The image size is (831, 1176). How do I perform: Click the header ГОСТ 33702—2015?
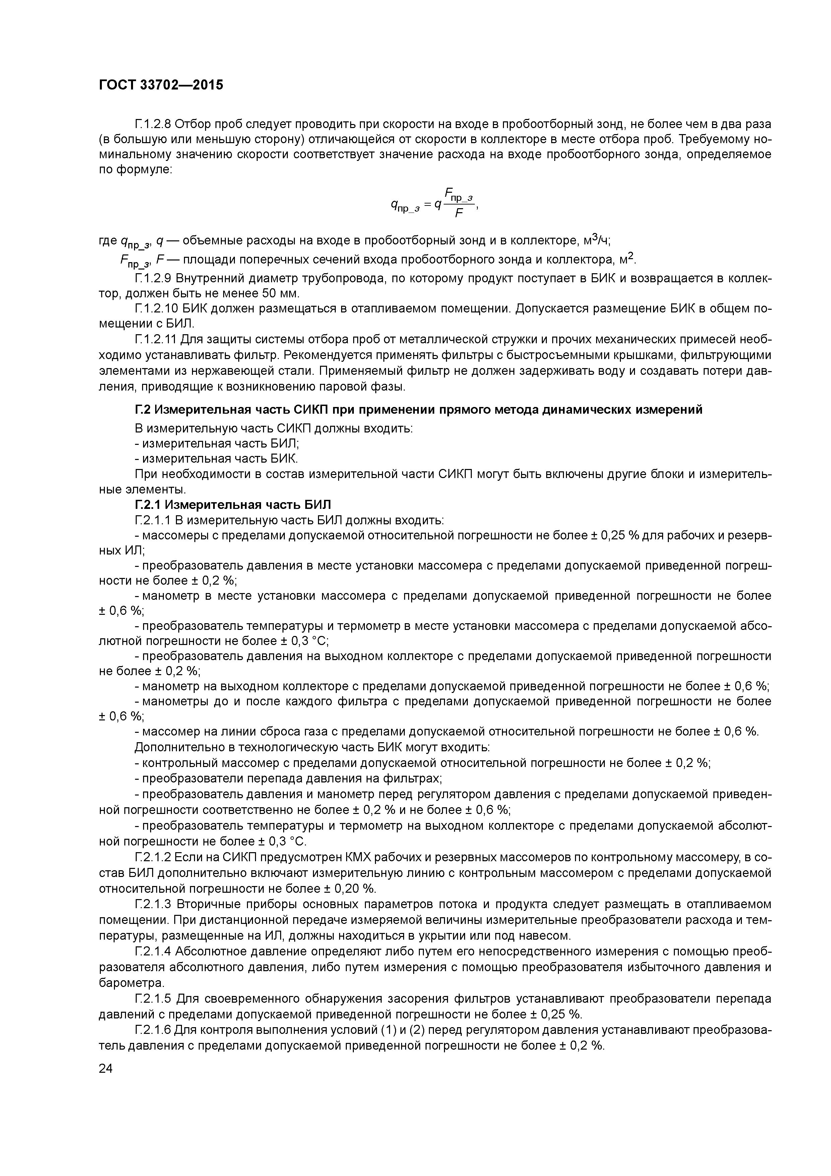tap(161, 85)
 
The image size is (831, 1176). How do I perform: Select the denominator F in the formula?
tap(459, 214)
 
